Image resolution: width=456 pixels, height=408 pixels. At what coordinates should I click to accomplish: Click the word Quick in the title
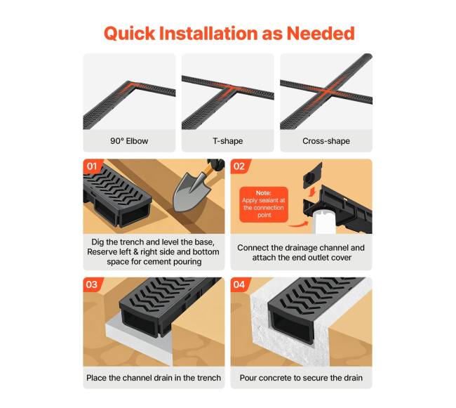[x=129, y=34]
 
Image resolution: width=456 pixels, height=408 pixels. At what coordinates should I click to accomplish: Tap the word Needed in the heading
[x=321, y=33]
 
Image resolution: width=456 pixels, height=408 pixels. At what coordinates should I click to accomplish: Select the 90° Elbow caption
[x=129, y=141]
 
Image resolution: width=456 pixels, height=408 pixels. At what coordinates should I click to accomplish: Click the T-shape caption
[x=228, y=141]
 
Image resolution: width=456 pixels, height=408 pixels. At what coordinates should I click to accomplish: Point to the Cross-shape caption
[x=326, y=141]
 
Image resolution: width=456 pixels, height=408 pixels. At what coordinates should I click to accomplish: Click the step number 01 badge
[x=92, y=166]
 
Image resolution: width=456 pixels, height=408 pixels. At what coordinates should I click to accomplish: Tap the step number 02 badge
[x=239, y=166]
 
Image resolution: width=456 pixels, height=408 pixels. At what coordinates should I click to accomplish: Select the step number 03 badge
[x=92, y=284]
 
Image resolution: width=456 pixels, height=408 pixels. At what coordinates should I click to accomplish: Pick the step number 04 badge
[x=239, y=284]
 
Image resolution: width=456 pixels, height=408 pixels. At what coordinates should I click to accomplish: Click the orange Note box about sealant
[x=264, y=204]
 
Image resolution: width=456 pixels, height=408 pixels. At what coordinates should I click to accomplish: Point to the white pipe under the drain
[x=325, y=223]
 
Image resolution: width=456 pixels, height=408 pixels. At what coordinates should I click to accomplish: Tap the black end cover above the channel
[x=312, y=175]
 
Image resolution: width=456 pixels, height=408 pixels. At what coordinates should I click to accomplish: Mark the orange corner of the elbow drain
[x=131, y=85]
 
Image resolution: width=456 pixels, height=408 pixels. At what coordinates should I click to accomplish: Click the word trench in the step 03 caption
[x=209, y=378]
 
